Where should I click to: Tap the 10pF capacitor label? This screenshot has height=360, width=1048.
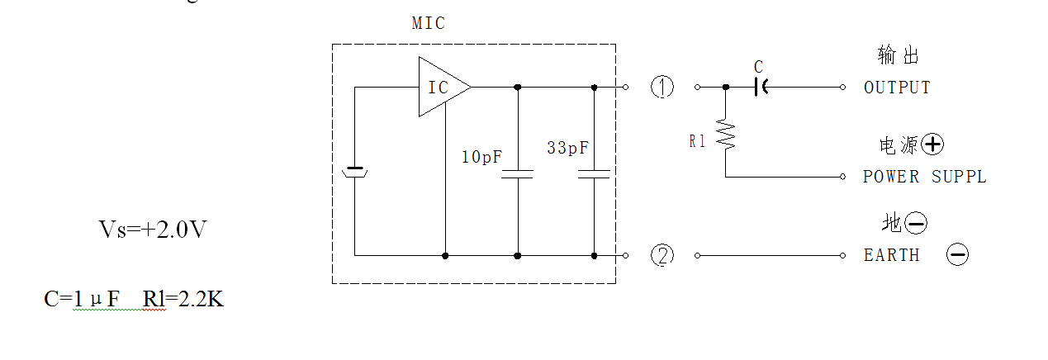pos(481,157)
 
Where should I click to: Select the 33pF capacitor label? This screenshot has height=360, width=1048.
pos(567,148)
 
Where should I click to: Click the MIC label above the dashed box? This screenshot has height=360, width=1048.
pos(428,23)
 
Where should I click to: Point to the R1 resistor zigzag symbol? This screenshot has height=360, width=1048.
pos(726,135)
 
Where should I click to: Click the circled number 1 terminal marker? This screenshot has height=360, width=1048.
pos(662,87)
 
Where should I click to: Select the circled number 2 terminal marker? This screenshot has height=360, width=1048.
pos(662,255)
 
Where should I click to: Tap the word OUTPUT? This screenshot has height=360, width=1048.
pos(897,88)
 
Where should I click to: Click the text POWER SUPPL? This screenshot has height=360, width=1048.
pos(924,177)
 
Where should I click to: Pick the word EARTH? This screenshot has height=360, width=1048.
pos(892,255)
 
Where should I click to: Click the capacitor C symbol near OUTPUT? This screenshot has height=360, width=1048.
pos(761,87)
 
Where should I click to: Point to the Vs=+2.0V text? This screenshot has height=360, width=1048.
pos(153,230)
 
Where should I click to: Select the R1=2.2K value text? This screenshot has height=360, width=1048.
pos(183,299)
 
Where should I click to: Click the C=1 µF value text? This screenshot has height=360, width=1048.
pos(82,299)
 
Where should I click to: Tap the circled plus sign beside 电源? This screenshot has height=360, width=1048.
pos(932,144)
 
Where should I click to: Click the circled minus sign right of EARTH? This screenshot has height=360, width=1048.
pos(958,255)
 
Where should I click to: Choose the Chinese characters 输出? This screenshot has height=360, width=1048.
pos(898,55)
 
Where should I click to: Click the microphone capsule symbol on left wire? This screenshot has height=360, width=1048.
pos(354,172)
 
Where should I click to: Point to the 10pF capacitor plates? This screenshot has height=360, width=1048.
pos(518,174)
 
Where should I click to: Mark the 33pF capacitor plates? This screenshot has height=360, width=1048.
pos(594,174)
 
